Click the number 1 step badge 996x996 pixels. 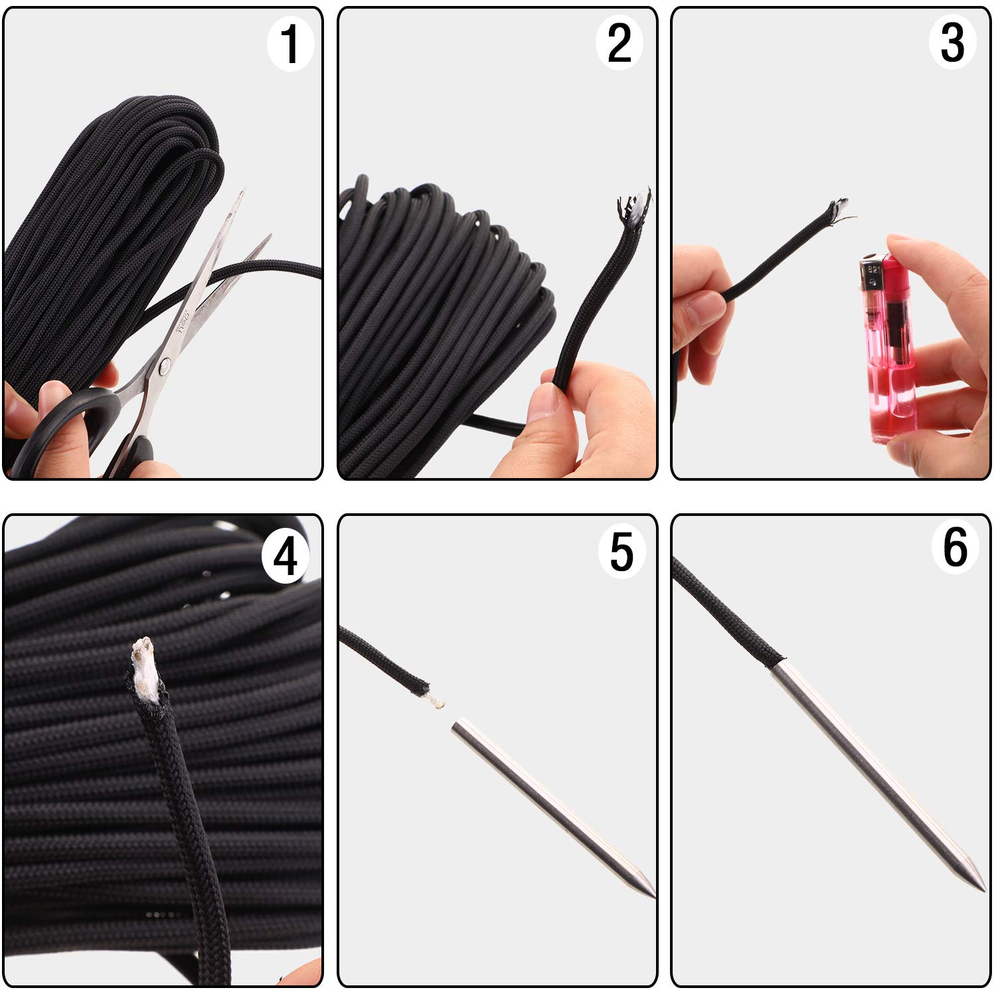point(290,44)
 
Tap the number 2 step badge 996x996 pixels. point(620,44)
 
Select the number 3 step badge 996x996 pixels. point(953,44)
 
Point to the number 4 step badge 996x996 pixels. point(286,556)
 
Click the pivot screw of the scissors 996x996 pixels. point(165,364)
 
